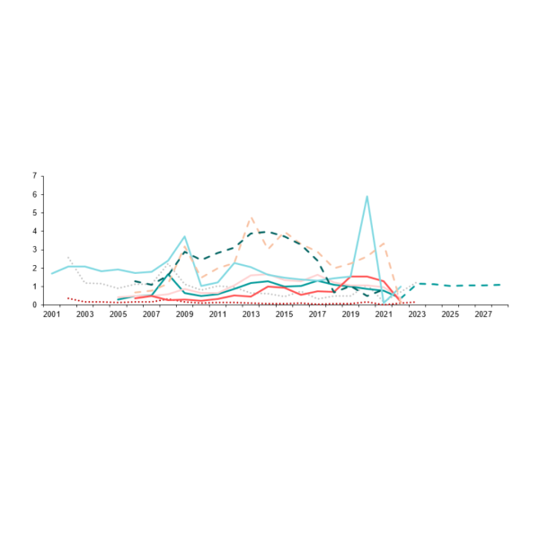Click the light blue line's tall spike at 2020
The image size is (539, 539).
point(367,196)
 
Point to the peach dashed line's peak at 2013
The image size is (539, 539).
point(251,217)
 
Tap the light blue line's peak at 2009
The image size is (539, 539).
point(184,236)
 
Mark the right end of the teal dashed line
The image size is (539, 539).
point(500,285)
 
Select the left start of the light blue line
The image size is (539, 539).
point(52,273)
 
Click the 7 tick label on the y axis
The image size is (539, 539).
point(36,175)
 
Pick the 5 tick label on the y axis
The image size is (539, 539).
point(36,213)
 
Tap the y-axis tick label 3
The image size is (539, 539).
point(36,250)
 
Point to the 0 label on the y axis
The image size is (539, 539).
point(36,305)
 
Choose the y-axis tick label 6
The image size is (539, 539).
point(36,194)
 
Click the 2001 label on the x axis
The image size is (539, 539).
point(52,314)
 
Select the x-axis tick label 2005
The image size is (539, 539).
point(119,314)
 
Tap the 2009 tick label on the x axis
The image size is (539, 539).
point(184,314)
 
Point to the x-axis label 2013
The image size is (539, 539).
point(251,314)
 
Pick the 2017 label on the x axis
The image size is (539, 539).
point(317,314)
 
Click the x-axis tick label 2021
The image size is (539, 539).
point(384,314)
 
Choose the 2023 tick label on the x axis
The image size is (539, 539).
point(417,314)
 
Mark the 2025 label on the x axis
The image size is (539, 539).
point(450,314)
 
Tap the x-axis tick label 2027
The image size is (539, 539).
point(483,314)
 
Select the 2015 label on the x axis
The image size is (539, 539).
point(284,314)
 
